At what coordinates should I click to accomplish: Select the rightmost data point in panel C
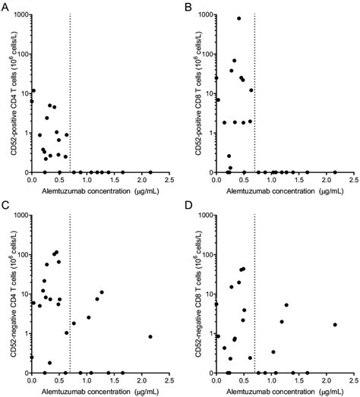150,336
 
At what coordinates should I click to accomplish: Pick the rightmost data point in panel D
335,325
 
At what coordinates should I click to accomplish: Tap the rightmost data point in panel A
150,172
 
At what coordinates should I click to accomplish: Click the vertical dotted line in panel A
70,91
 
